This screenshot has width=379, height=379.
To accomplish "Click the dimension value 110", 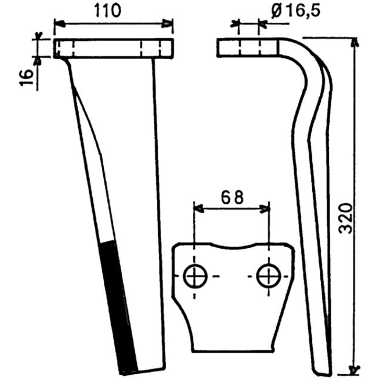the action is [x=108, y=11].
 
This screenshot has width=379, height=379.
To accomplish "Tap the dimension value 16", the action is [x=27, y=77].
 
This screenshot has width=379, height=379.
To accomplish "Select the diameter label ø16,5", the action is [x=296, y=11].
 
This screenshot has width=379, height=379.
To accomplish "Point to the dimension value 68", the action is [x=232, y=197].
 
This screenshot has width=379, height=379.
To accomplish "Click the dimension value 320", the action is [x=345, y=218].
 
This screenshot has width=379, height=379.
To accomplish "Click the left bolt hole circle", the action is [x=195, y=276].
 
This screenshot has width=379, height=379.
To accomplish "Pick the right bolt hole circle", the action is [x=269, y=276].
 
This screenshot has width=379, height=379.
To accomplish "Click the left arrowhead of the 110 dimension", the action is [x=60, y=24].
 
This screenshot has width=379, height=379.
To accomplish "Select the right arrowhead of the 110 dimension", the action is [x=167, y=24].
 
